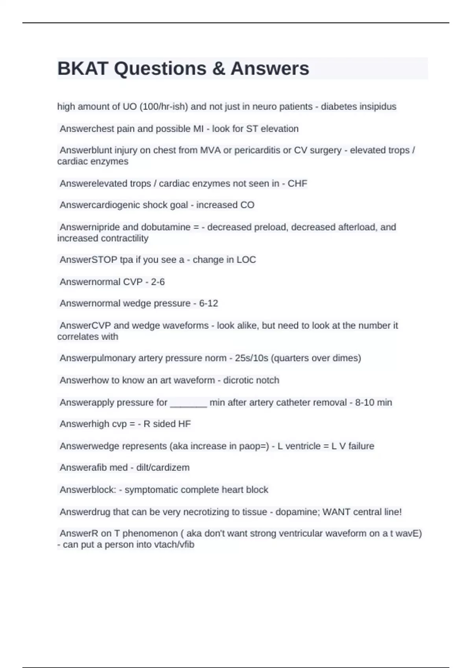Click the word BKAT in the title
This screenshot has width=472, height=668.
point(83,69)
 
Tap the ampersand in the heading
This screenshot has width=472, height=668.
point(218,69)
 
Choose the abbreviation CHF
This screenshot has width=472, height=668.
point(297,184)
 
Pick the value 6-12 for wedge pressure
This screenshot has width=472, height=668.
point(208,303)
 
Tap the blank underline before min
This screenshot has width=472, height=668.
point(188,403)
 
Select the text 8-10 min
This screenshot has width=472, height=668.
point(374,402)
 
